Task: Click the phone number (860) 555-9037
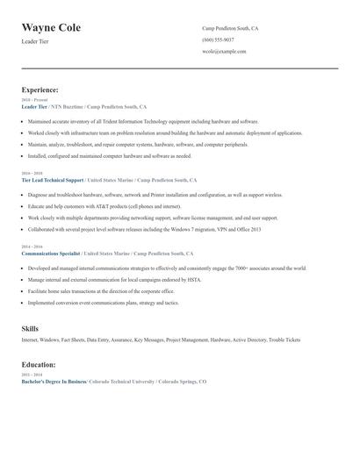pos(218,39)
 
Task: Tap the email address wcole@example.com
pos(224,51)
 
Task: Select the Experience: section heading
pos(40,89)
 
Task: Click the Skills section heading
pos(30,328)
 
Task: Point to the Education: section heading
pos(39,363)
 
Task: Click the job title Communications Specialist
pos(51,253)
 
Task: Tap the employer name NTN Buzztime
pos(68,105)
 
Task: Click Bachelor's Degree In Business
pos(54,383)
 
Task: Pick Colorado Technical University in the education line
pos(122,383)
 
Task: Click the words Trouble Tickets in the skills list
pos(284,339)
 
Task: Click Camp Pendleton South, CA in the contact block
pos(230,28)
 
